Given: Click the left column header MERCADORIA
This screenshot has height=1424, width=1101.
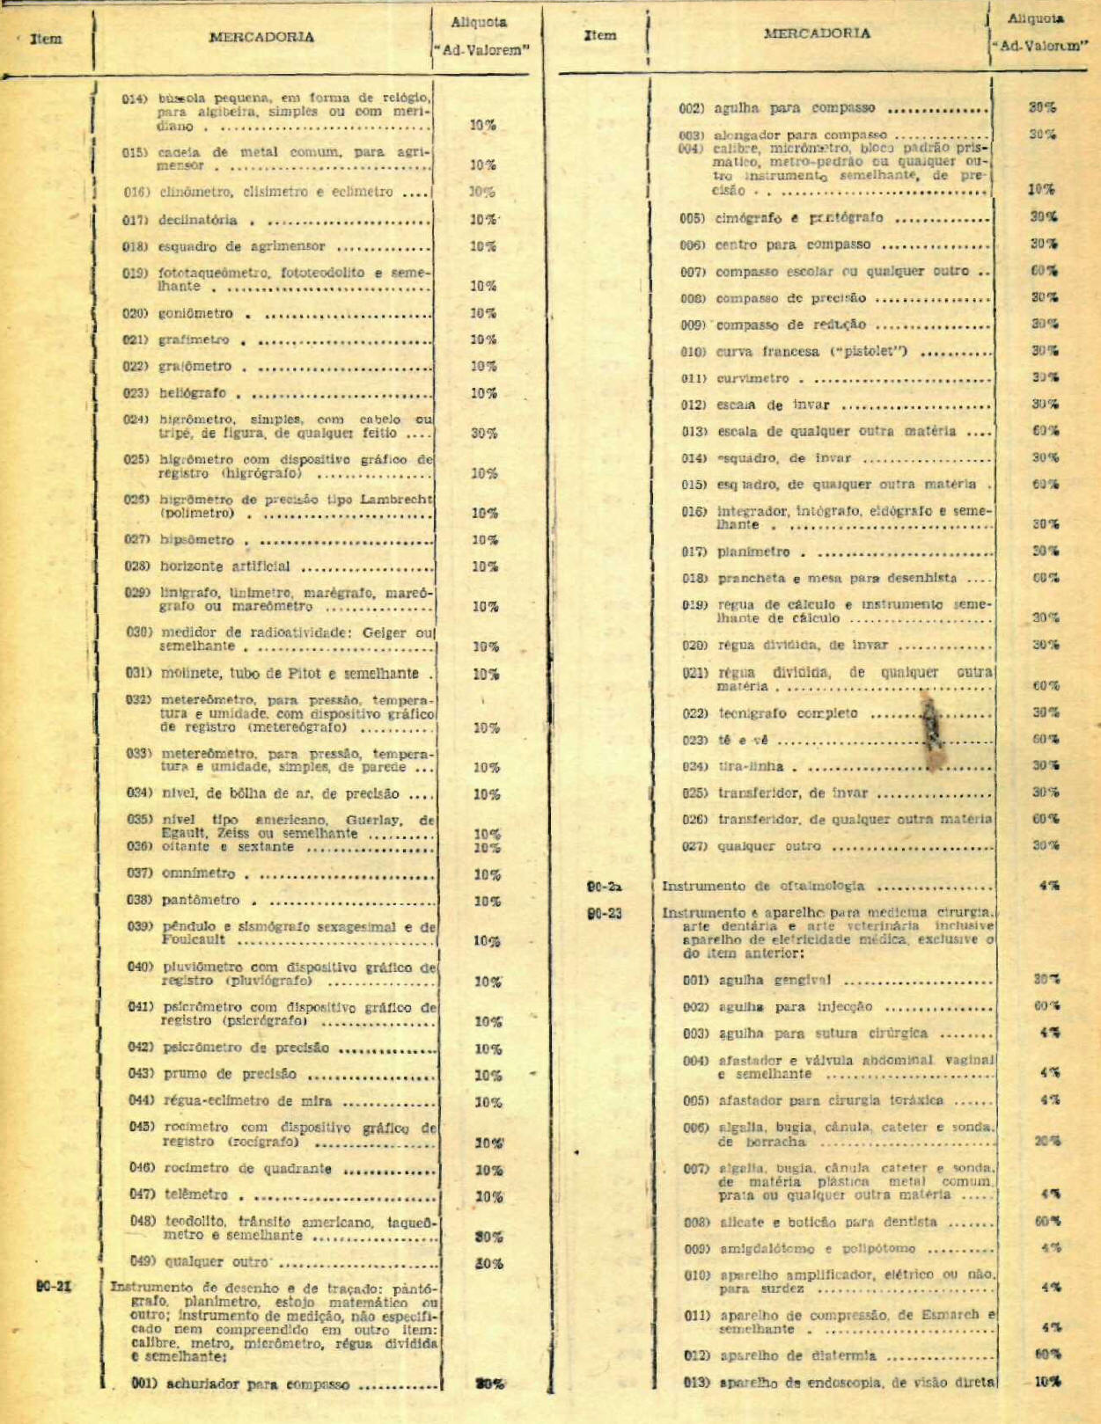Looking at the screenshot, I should [261, 37].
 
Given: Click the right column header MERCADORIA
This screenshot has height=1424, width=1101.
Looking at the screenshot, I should [817, 33].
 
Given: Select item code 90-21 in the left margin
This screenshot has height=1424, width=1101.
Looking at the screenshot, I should [54, 1286].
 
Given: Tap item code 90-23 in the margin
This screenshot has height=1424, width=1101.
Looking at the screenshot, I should [605, 913].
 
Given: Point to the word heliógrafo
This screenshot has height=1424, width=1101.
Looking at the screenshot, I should [193, 393].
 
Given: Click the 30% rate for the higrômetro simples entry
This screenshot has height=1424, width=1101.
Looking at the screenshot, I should [483, 433].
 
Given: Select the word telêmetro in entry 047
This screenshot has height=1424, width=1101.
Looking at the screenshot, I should [196, 1194].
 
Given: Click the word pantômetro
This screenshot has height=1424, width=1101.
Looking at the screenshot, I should [201, 901].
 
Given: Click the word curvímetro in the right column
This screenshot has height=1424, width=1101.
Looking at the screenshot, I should [752, 379].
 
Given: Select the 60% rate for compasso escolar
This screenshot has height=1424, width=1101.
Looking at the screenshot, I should [1045, 271].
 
